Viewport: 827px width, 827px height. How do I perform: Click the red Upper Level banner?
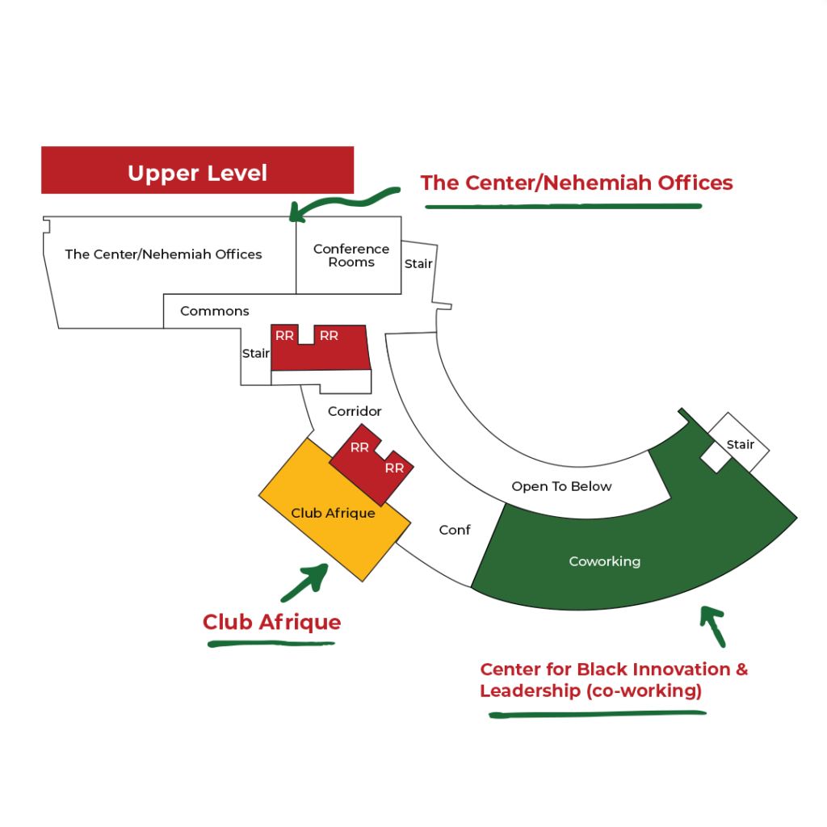coord(197,170)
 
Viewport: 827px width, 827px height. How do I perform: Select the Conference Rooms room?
coord(349,255)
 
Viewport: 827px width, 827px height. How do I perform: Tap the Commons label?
coord(215,311)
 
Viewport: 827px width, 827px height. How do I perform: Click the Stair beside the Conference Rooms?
coord(418,264)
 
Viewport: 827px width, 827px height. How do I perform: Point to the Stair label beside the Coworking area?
coord(741,445)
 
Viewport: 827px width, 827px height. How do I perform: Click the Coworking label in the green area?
coord(604,561)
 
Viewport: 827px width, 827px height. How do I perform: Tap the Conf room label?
coord(455,530)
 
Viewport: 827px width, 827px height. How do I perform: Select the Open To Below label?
coord(562,486)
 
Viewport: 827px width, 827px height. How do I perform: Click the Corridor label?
coord(355,411)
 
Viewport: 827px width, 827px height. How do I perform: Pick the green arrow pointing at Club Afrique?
coord(305,582)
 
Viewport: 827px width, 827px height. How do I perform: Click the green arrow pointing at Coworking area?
coord(713,626)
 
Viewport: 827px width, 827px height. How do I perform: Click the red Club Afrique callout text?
coord(271,623)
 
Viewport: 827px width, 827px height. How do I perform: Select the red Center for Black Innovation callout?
coord(614,680)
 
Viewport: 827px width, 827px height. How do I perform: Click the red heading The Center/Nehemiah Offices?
coord(577,183)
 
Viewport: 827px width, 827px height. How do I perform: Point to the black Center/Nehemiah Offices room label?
coord(163,254)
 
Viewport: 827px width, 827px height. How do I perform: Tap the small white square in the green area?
coord(716,457)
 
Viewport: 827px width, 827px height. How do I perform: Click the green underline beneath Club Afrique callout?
coord(271,644)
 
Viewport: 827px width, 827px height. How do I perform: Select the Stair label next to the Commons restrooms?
coord(256,354)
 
